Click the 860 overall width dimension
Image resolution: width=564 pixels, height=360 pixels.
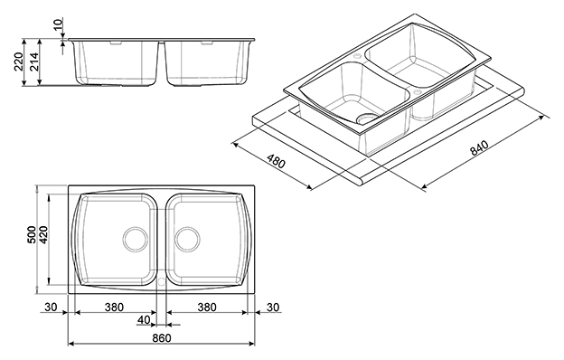(x=162, y=338)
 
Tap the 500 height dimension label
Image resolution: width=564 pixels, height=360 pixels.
(x=32, y=234)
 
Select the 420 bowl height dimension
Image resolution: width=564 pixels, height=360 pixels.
(x=43, y=234)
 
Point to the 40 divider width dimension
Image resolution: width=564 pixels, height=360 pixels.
(x=144, y=319)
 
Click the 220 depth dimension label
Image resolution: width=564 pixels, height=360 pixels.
(x=18, y=62)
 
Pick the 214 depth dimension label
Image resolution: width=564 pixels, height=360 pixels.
(x=33, y=62)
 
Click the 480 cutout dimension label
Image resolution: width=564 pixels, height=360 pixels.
(x=276, y=161)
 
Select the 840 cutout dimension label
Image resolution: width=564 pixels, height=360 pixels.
(x=479, y=147)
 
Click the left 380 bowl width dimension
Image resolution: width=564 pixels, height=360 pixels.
(x=114, y=307)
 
